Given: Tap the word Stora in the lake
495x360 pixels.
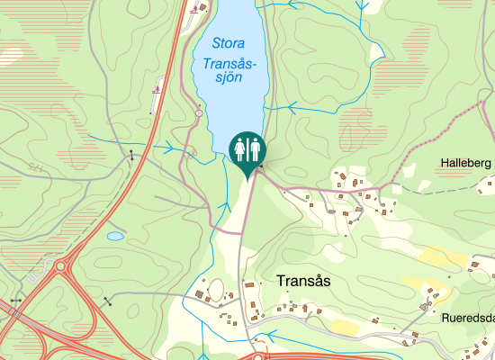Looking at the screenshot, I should [229, 42].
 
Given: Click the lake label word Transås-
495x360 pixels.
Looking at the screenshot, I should [230, 64].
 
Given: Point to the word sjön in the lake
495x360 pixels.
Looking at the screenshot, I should [230, 78].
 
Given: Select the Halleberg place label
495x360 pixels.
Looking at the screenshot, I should [465, 163].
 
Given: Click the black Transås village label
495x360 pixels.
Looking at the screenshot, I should [303, 281].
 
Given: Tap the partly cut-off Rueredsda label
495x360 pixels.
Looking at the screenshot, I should [468, 318].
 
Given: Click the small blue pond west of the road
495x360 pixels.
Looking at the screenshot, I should [115, 237].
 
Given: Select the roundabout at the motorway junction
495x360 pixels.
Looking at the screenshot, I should [62, 266].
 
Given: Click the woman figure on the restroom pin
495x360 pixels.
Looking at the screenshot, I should [240, 146].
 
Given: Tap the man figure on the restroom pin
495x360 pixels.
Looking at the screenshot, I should [254, 146].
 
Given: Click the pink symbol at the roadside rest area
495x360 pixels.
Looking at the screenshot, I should [157, 88].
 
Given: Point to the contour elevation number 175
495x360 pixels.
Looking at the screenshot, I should [36, 167].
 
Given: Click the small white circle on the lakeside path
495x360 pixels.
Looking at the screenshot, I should [199, 113].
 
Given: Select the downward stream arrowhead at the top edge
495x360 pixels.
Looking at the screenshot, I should [362, 4].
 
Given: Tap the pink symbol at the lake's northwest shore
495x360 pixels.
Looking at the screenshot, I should [195, 11].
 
